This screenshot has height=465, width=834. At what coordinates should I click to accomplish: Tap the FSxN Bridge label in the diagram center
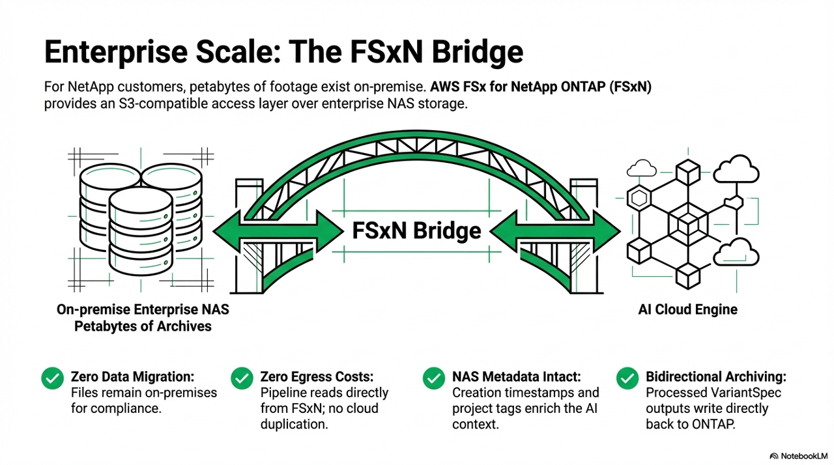[x=416, y=230]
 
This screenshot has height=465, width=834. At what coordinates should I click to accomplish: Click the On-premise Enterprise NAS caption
[x=143, y=310]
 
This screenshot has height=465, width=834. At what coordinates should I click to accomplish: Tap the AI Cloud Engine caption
[x=688, y=310]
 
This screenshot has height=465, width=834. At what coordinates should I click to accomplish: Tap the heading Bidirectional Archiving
[x=716, y=376]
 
